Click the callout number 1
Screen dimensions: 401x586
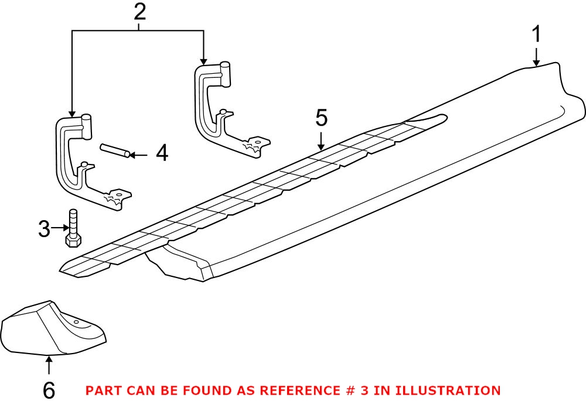click(x=536, y=35)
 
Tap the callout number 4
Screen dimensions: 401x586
click(x=161, y=154)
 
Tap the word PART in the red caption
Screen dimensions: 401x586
click(x=103, y=390)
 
